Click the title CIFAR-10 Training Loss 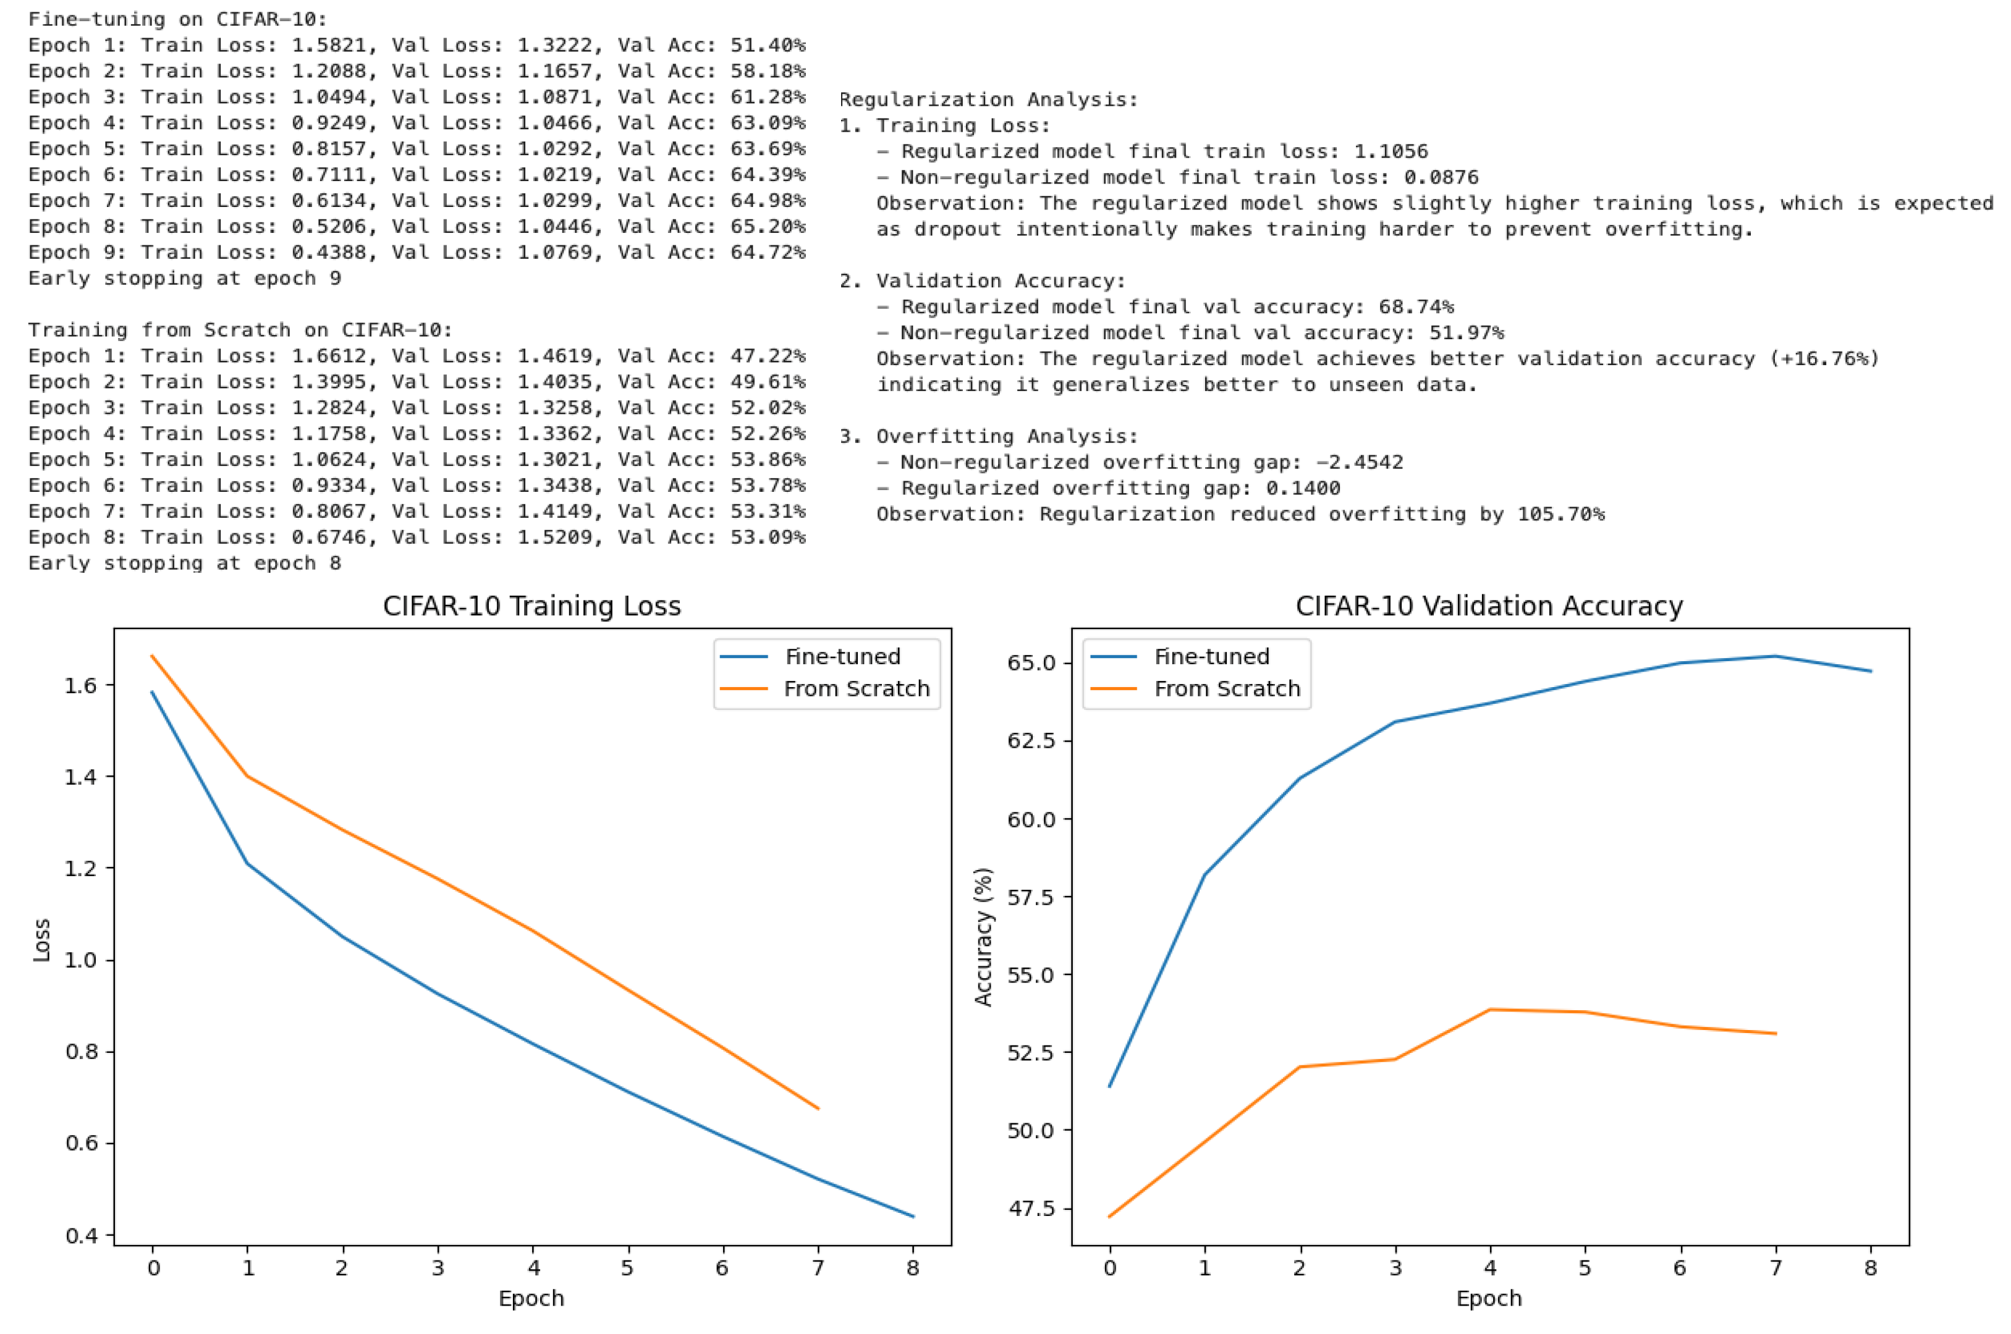[x=531, y=606]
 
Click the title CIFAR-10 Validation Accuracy [x=1489, y=606]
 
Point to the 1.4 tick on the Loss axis [x=81, y=777]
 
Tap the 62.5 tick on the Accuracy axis [x=1030, y=740]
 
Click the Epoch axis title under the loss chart [x=531, y=1298]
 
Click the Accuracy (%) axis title [x=983, y=937]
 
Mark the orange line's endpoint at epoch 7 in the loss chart [x=818, y=1108]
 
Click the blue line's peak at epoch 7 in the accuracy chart [x=1776, y=656]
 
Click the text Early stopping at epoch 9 [x=185, y=278]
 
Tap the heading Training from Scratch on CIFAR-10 [x=240, y=330]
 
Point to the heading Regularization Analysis [x=988, y=99]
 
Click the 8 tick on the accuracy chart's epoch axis [x=1870, y=1269]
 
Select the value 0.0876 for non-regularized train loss [x=1441, y=177]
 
